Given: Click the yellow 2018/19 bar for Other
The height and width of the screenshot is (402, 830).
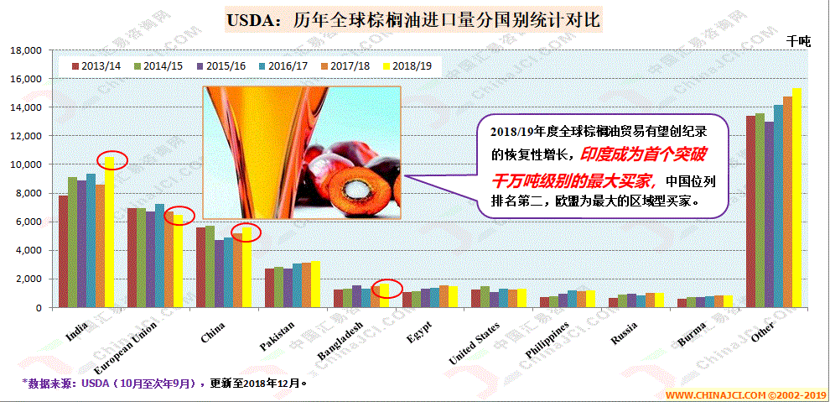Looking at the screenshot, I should tap(796, 198).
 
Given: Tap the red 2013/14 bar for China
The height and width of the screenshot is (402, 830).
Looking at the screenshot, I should tap(200, 267).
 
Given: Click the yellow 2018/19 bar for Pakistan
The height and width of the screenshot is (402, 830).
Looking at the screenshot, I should tap(315, 285).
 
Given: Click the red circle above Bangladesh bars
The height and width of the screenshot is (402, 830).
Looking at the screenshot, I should tap(387, 289).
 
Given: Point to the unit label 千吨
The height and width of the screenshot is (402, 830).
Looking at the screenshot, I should tap(798, 39).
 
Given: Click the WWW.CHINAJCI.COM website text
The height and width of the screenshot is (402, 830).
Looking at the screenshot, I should tap(717, 394).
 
